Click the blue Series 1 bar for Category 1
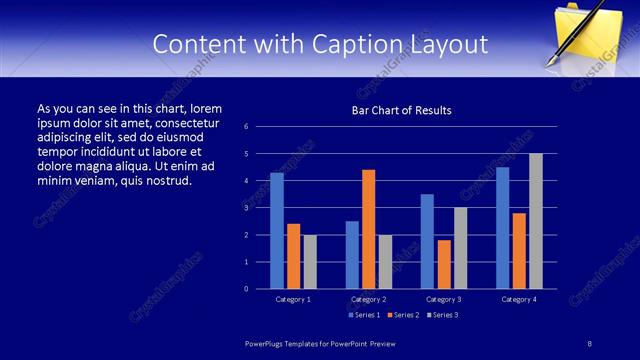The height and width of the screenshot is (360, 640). pos(277,231)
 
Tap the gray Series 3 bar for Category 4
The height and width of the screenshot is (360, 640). pos(536,221)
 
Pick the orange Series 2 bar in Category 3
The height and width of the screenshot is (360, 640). pos(444,264)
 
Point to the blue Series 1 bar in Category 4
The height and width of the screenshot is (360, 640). pos(503,228)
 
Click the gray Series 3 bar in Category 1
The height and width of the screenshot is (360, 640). pos(310,262)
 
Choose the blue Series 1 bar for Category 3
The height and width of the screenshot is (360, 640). pos(428,241)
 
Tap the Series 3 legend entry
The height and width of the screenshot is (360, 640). pos(442,315)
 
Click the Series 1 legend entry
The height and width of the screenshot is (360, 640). pos(364,315)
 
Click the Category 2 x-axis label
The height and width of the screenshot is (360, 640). pos(368,299)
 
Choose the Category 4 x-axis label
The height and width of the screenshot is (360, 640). pos(519,299)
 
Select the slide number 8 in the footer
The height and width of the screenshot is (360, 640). pos(590,343)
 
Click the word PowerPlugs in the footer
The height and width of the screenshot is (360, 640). pos(267,343)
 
